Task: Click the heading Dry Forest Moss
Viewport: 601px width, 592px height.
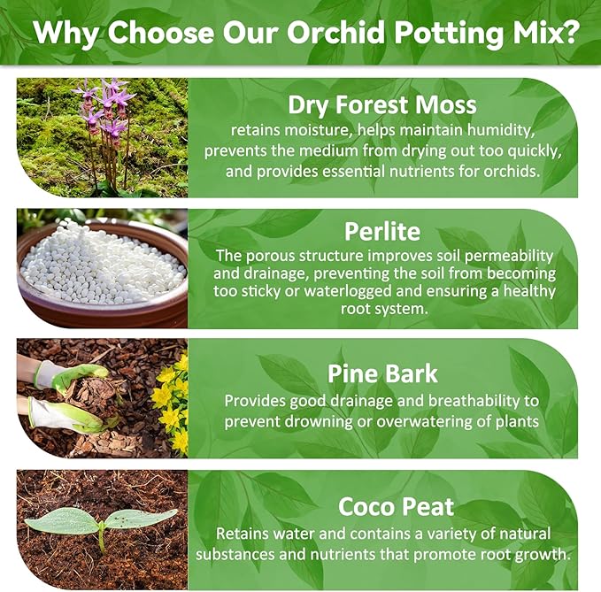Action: [381, 104]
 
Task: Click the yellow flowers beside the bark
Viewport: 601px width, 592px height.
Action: [170, 398]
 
